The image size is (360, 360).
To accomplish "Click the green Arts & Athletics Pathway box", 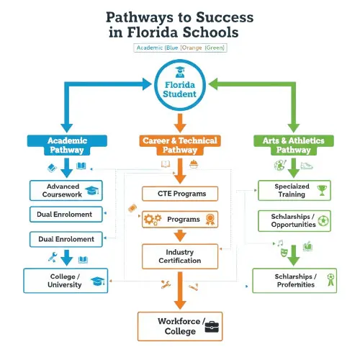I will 292,144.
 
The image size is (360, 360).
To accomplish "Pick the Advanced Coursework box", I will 66,190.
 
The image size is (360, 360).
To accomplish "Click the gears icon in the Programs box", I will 152,219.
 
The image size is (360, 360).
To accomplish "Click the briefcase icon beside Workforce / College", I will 213,325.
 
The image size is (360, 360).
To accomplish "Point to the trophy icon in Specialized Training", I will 322,190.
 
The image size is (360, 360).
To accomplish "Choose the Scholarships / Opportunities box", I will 294,220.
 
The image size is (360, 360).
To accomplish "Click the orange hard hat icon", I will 192,165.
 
